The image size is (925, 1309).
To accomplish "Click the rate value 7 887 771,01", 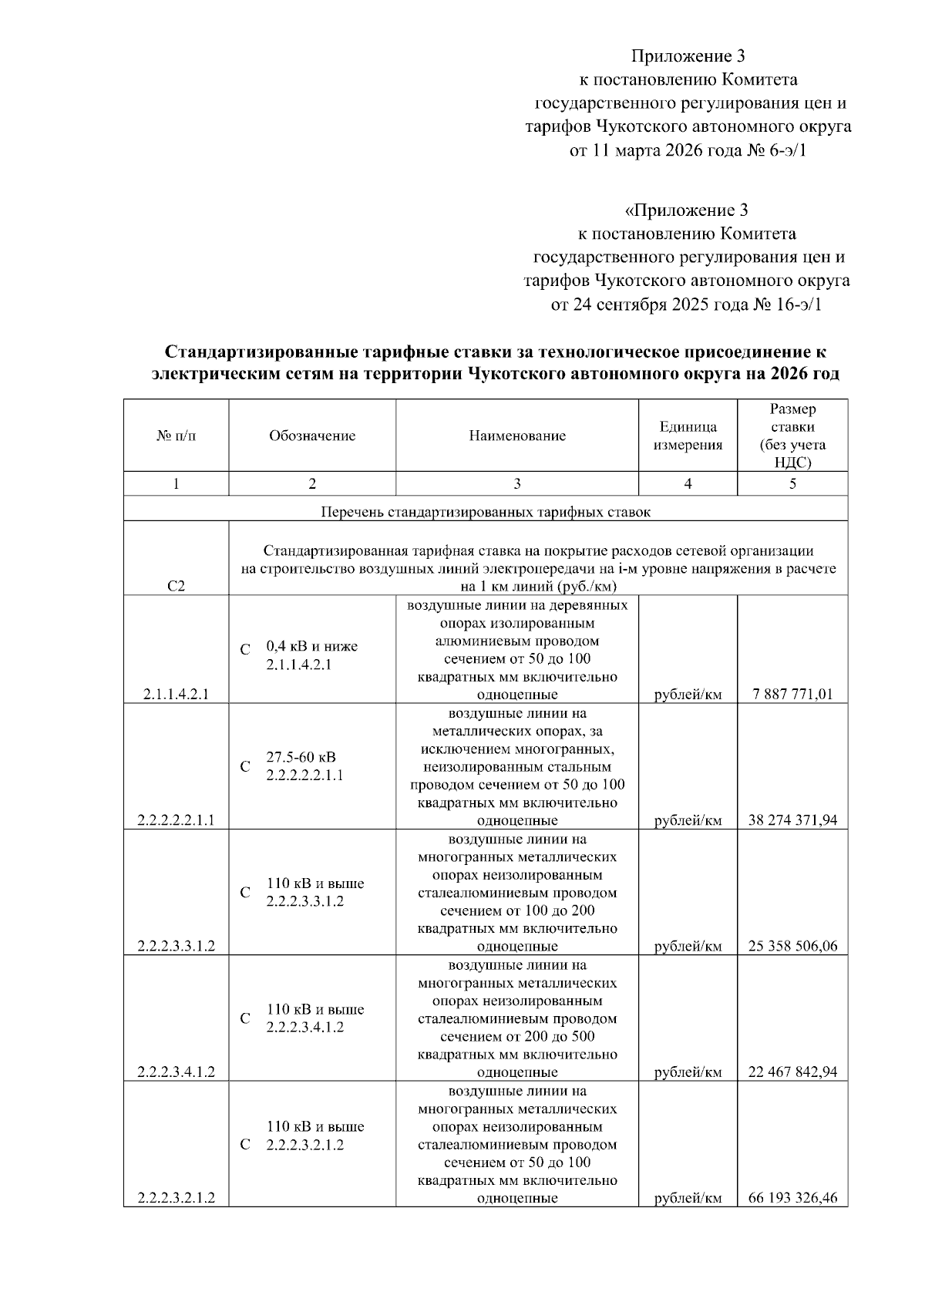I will tap(792, 694).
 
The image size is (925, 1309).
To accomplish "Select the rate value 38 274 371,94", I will tap(792, 820).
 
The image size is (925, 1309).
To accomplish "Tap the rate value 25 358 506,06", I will tap(792, 946).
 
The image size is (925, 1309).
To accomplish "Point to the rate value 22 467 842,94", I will tap(792, 1072).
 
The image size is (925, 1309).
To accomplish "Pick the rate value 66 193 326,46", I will tap(792, 1198).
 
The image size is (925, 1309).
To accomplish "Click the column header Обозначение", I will tap(312, 436).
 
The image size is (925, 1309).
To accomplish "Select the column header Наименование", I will tap(517, 436).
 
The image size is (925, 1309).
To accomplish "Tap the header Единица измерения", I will tap(688, 436).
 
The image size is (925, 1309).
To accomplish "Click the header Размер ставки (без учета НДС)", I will tap(792, 436).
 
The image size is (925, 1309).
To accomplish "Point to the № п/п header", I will tap(176, 436).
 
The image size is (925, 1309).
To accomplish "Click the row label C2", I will tap(176, 586).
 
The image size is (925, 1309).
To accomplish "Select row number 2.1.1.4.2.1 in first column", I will tap(176, 694).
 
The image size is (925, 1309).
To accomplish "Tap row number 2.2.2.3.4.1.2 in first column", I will tap(176, 1072).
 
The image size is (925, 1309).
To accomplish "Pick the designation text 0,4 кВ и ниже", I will tap(311, 646).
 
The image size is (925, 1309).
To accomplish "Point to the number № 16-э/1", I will tap(787, 304).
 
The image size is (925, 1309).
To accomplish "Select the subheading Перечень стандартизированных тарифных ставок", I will tap(486, 511).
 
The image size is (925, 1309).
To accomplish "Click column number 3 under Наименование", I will tap(517, 483).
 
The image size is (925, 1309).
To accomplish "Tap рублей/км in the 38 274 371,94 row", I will tap(688, 820).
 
